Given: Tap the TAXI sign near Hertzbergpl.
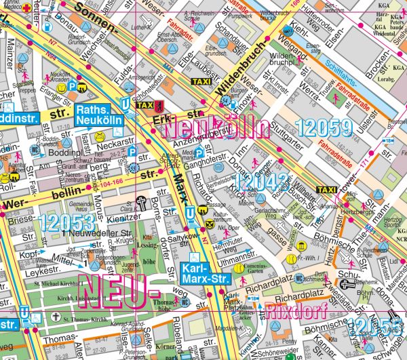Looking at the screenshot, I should coord(327,189).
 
